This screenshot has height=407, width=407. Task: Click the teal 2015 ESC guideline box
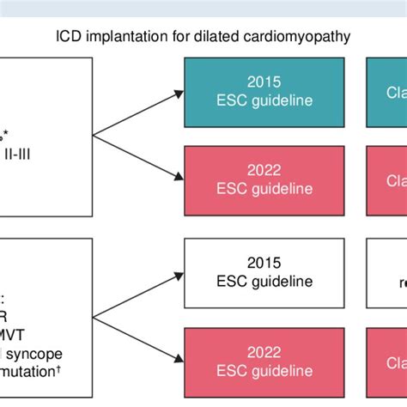tap(267, 88)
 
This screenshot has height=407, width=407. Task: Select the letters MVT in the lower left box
tap(17, 334)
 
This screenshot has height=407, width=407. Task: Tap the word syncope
tap(30, 355)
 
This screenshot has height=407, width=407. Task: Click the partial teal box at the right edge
tap(387, 88)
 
